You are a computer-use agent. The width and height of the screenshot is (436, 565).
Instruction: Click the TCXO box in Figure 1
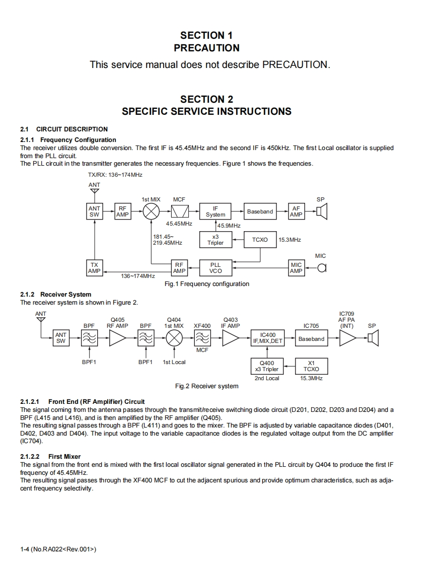point(260,240)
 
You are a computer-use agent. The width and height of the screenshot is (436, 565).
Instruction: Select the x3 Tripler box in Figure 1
point(215,240)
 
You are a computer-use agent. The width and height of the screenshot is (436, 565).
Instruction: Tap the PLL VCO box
point(215,267)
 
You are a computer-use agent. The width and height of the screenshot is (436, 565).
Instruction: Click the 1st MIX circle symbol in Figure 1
point(151,211)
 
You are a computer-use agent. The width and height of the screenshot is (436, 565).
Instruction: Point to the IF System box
point(215,211)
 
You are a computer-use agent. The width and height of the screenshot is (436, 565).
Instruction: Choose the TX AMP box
point(94,267)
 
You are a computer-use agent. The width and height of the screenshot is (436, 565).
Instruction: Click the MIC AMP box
point(296,267)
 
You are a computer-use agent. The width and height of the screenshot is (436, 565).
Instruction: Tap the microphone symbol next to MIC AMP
point(322,267)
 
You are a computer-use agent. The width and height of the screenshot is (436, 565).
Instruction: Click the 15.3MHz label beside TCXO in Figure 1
point(289,240)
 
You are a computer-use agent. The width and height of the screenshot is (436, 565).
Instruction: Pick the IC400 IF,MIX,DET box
point(268,339)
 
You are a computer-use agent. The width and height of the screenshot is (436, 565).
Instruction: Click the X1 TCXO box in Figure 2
point(311,366)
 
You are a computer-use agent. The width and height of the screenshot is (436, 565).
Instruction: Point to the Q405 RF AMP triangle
point(117,339)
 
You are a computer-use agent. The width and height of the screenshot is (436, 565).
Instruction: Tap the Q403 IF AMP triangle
point(231,339)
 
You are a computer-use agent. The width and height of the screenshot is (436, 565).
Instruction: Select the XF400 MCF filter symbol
point(202,339)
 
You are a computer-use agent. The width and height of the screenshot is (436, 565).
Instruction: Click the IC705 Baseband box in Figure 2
point(311,339)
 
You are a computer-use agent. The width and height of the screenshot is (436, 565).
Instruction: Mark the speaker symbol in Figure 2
point(373,339)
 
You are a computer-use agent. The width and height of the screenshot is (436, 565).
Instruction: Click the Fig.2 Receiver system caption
point(206,386)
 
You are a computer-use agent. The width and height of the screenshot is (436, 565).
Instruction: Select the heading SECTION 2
point(206,99)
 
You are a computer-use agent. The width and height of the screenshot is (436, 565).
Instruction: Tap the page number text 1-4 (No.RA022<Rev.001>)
point(58,549)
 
